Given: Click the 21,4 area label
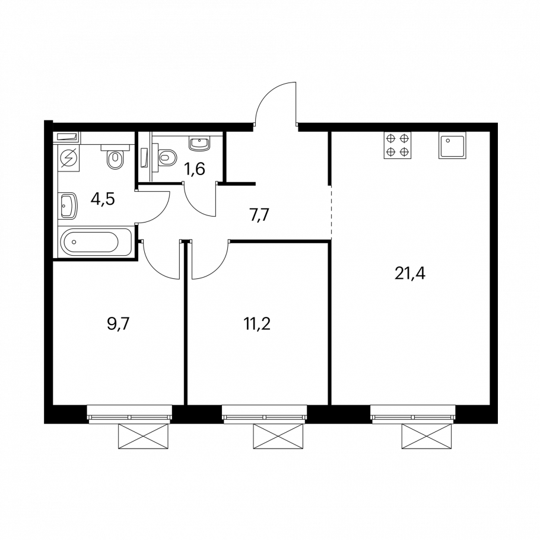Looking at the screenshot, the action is click(x=410, y=274).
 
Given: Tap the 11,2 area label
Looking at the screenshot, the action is click(x=257, y=324).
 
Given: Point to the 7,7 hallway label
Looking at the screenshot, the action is click(x=258, y=215).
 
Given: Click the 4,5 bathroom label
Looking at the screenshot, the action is click(x=103, y=199).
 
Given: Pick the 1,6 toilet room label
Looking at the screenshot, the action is click(x=195, y=169).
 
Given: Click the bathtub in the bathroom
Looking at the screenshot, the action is click(x=95, y=242).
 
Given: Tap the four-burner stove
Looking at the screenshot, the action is click(x=398, y=145).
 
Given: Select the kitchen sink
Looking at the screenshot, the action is click(x=452, y=145).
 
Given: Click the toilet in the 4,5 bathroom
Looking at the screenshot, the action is click(x=115, y=157).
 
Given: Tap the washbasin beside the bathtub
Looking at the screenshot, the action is click(x=69, y=205).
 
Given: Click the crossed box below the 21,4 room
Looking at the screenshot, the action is click(x=426, y=436).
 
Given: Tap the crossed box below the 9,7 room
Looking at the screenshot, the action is click(x=144, y=436).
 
